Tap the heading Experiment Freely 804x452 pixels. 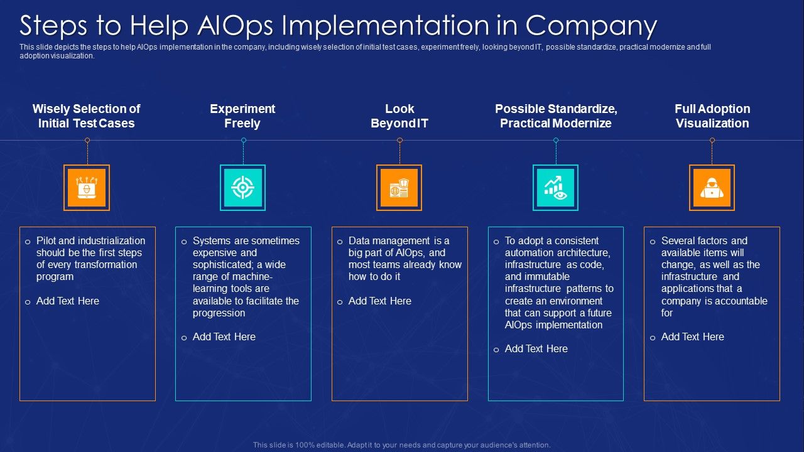tap(242, 116)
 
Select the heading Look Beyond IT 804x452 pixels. tap(399, 116)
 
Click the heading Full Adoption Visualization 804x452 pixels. tap(712, 116)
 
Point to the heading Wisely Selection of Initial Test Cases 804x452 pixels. tap(86, 116)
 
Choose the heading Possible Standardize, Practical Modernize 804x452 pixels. tap(556, 116)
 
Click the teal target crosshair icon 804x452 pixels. tap(242, 188)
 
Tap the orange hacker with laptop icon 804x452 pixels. tap(712, 188)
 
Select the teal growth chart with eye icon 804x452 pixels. tap(555, 188)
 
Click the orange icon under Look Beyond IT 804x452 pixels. tap(399, 188)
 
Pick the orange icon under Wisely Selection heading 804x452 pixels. tap(87, 188)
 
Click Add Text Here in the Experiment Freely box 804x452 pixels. tap(224, 337)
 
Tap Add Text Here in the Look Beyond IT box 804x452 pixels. tap(379, 301)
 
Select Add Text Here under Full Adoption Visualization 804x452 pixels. tap(692, 337)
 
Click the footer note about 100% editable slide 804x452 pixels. tap(402, 445)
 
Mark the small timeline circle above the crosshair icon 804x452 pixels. tap(243, 141)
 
